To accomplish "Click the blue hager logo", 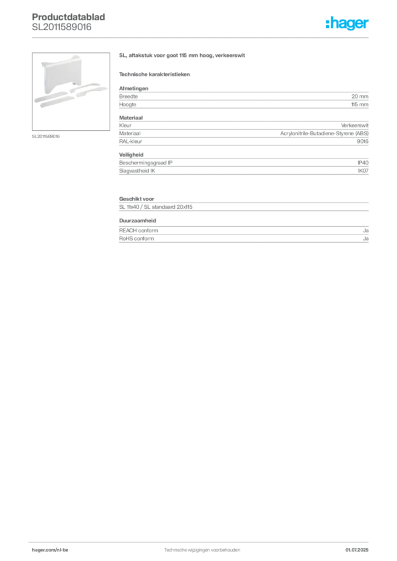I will tap(348, 24).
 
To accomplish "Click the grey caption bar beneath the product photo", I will tap(46, 136).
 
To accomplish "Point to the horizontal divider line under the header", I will tap(201, 38).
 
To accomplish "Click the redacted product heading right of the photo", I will tap(181, 55).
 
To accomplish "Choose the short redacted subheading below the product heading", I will tap(155, 74).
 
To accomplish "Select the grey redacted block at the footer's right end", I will tap(360, 547).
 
